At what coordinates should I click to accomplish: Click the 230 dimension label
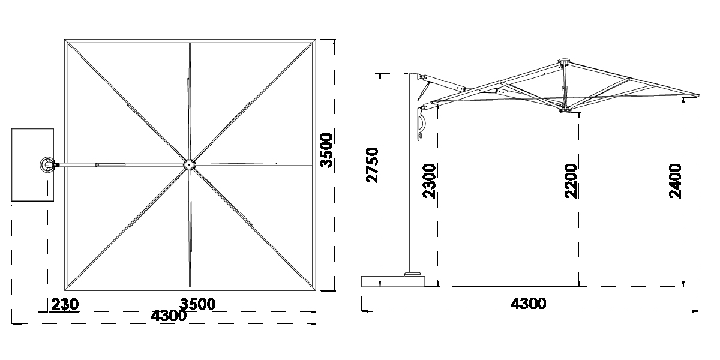coord(65,304)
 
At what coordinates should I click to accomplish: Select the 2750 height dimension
coord(372,165)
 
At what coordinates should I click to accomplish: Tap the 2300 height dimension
coord(429,181)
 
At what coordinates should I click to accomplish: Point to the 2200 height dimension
coord(571,181)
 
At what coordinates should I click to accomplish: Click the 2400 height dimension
coord(675,181)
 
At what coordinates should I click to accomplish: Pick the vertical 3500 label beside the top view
coord(326,150)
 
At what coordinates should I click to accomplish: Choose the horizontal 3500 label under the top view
coord(197,304)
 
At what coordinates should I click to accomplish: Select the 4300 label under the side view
coord(528,304)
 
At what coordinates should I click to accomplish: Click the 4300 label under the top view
coord(169,316)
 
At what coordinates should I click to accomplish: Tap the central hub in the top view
coord(190,165)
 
